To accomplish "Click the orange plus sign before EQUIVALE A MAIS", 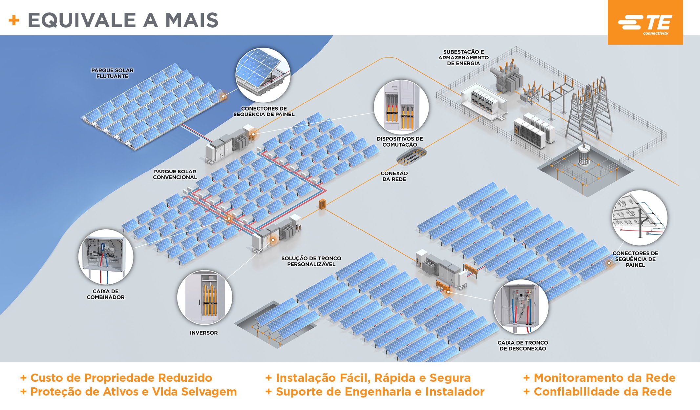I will point(14,20).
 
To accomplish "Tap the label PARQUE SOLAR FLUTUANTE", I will point(112,73).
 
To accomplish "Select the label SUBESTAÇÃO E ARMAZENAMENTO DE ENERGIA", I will point(463,57).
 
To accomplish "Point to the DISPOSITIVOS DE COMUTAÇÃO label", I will point(399,142).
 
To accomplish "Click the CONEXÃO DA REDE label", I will point(394,176).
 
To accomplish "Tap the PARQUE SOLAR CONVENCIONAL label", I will point(175,174).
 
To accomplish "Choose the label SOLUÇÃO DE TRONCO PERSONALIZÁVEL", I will point(311,261).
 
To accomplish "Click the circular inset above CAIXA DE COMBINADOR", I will point(106,256).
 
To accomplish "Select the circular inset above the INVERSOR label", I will point(205,297).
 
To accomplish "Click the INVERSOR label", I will point(203,333).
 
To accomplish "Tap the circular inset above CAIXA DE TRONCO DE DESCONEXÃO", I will point(521,307).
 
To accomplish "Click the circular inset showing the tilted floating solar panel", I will point(263,75).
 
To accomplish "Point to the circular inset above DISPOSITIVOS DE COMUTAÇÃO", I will point(401,107).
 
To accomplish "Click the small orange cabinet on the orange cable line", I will point(322,204).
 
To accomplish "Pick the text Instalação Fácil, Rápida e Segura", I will point(373,378).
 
